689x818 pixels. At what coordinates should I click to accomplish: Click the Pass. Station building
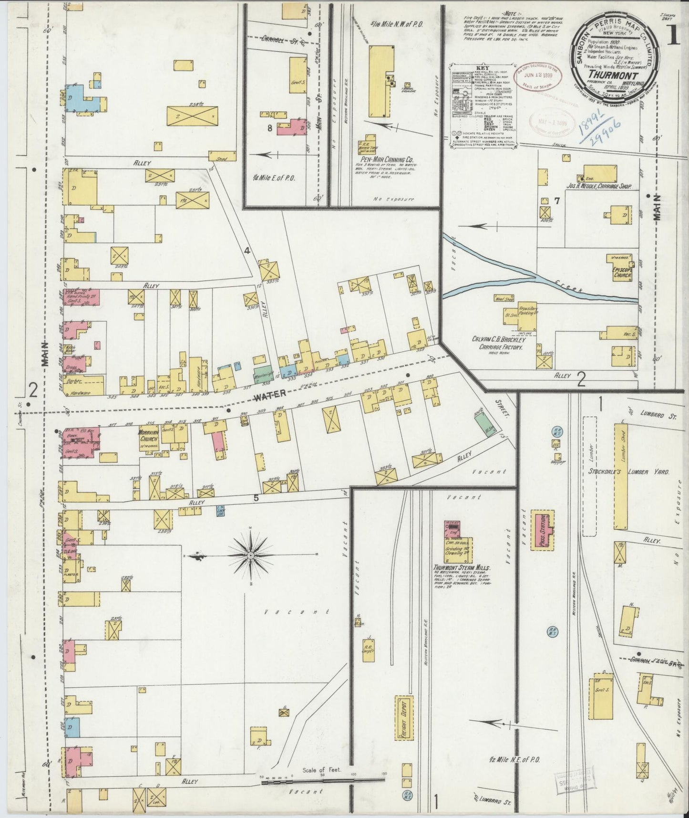(542, 530)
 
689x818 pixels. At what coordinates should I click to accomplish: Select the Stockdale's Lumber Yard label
(628, 472)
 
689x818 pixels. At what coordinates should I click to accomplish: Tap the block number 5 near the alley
(256, 498)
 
